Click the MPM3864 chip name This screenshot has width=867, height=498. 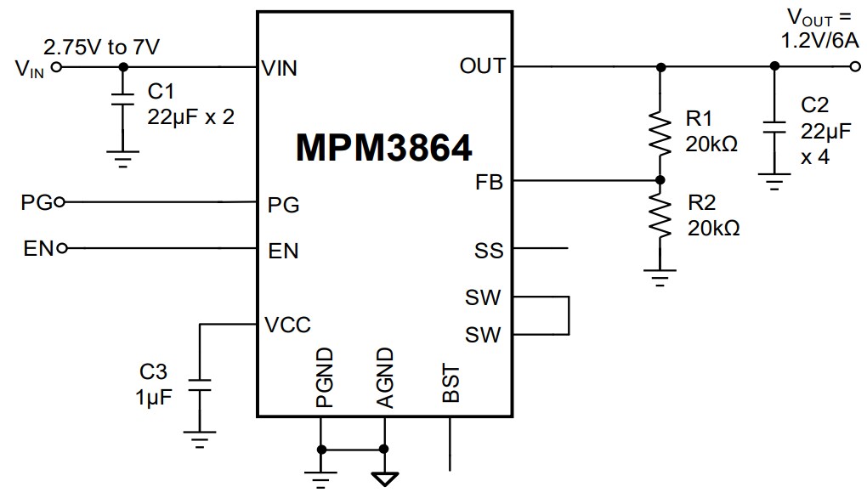(383, 149)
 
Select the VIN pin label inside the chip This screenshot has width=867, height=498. (280, 68)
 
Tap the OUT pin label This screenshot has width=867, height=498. (482, 66)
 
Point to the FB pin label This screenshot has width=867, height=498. (490, 181)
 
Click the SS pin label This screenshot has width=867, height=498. (489, 251)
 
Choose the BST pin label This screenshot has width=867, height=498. (451, 384)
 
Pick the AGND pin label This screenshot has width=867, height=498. (384, 378)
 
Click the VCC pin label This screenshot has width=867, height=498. (287, 325)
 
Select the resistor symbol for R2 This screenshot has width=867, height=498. (660, 218)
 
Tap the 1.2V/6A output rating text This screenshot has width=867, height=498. (819, 40)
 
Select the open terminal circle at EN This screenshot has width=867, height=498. (61, 249)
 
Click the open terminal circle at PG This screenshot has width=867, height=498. (59, 202)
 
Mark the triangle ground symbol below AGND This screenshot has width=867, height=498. (384, 478)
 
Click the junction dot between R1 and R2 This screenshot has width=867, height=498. (660, 180)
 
